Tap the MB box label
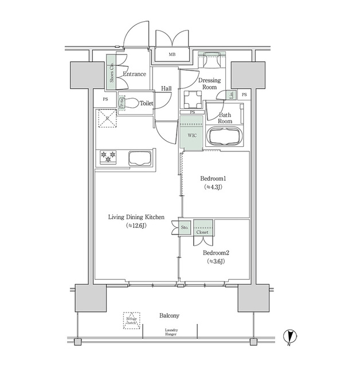click(x=171, y=55)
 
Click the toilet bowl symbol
click(x=131, y=104)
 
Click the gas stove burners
click(x=108, y=156)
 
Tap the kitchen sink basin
click(x=139, y=158)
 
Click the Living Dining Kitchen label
click(x=137, y=217)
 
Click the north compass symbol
click(x=291, y=338)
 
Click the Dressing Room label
click(x=210, y=84)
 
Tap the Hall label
click(x=166, y=88)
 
